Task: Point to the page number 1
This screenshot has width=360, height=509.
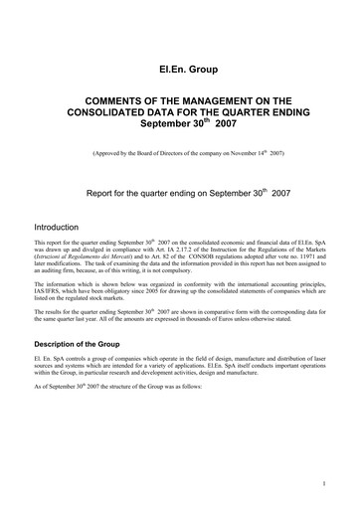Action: [325, 484]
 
